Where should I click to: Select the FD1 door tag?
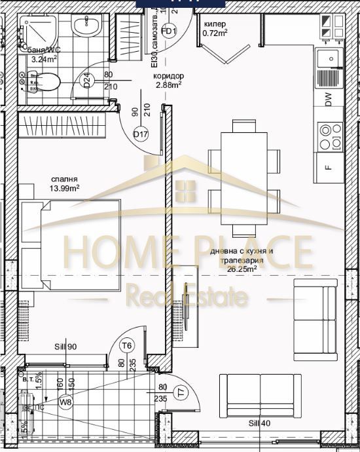click(168, 31)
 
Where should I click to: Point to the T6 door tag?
click(128, 346)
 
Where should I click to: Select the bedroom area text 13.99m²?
click(65, 188)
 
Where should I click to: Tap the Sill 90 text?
click(67, 347)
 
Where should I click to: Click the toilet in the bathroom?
click(47, 82)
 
